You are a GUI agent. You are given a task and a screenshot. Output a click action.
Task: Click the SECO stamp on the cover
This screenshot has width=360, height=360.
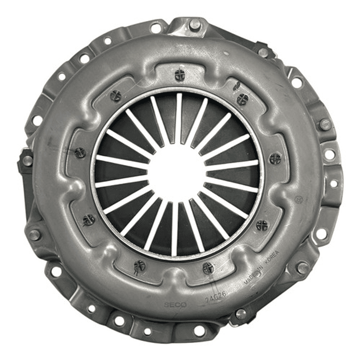click(x=175, y=305)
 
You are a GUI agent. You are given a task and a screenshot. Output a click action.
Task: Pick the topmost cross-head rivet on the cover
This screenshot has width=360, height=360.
click(x=180, y=75)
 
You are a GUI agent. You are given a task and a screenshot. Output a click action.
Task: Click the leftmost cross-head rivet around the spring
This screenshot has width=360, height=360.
click(x=80, y=153)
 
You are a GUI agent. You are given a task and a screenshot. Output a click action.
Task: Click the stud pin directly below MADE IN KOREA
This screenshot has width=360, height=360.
click(x=241, y=314)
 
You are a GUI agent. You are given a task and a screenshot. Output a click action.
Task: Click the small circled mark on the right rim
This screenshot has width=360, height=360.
click(x=299, y=199)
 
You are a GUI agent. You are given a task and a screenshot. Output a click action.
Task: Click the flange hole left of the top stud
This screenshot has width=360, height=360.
click(x=156, y=28)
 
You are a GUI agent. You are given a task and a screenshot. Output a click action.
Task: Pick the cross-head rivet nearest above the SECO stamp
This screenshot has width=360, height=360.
click(x=140, y=266)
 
